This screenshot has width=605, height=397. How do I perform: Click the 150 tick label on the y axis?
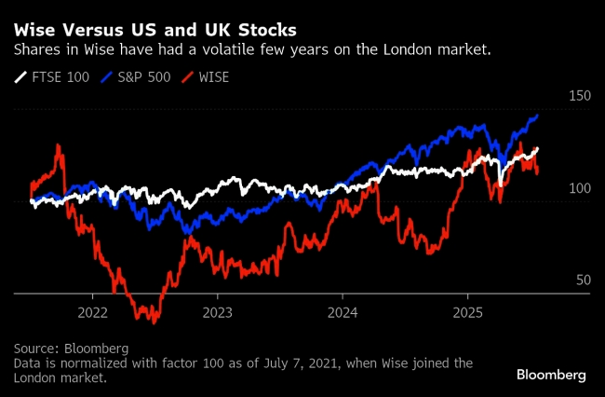[x=579, y=96]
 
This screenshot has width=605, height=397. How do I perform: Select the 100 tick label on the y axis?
[x=579, y=188]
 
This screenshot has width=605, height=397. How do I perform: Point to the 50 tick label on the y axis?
[x=582, y=280]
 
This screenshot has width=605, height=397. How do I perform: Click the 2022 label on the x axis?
[x=94, y=311]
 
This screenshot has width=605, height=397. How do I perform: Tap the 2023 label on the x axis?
[x=217, y=311]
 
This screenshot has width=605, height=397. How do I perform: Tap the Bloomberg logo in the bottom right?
[x=551, y=375]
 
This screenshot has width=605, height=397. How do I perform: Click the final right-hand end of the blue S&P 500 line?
[x=538, y=116]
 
